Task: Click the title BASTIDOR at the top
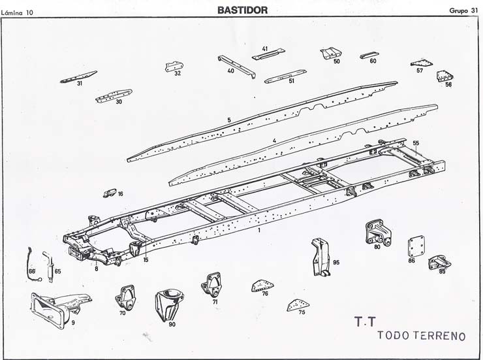[x=241, y=9]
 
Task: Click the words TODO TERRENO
[x=421, y=335]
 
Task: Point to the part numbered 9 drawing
[x=59, y=306]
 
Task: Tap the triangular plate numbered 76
[x=262, y=285]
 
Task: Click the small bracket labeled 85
[x=438, y=263]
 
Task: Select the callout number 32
[x=178, y=74]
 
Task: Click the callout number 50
[x=337, y=61]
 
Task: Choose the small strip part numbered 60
[x=373, y=61]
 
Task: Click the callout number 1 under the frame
[x=259, y=231]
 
